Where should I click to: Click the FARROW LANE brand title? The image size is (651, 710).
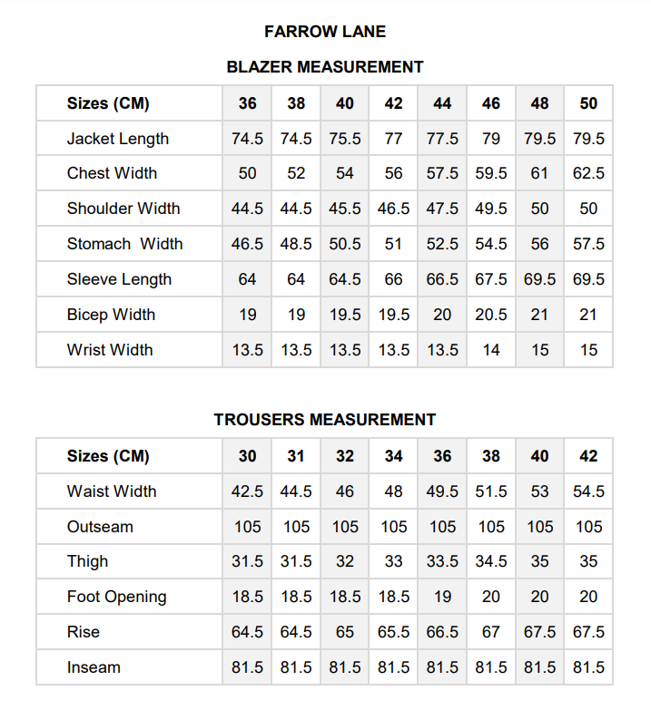325,32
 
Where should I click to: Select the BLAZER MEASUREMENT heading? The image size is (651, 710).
325,67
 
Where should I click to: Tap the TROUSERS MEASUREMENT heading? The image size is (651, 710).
325,420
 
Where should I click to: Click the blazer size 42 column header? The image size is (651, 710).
393,103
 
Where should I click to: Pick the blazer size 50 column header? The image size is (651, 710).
588,103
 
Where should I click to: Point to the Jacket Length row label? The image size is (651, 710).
118,139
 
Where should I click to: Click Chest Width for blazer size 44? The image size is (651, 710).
442,173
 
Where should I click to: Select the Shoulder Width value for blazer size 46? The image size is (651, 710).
491,209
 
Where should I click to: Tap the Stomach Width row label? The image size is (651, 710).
124,244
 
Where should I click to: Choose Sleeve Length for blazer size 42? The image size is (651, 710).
393,279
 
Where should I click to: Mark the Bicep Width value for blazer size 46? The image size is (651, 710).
491,315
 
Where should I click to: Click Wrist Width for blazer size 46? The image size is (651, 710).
491,350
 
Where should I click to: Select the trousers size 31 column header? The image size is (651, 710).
296,456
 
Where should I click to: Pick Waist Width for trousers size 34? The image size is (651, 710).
393,491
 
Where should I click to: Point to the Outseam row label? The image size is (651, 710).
100,527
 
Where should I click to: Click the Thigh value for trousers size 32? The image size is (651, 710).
345,561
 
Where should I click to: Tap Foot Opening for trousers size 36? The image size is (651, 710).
442,597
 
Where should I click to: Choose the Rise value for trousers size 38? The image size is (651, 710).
491,632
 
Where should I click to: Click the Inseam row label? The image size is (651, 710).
94,667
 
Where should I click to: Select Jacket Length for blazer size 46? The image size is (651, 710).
491,139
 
